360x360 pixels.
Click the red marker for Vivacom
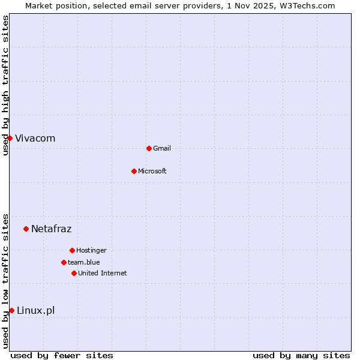(x=10, y=138)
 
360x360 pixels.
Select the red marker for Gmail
(x=149, y=148)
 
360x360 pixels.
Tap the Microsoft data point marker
(x=134, y=171)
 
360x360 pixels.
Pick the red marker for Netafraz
(x=26, y=229)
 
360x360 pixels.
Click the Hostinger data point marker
(x=72, y=250)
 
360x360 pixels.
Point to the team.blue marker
(x=64, y=262)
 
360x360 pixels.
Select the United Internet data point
(x=74, y=273)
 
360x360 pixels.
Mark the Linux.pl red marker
(x=11, y=310)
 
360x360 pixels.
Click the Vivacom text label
(x=35, y=138)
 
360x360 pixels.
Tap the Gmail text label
(x=162, y=148)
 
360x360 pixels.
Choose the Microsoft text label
(x=152, y=171)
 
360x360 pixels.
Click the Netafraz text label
(x=51, y=229)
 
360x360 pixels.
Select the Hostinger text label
(x=91, y=250)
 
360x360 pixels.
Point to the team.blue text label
(x=84, y=262)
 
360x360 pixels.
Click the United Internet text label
(x=102, y=273)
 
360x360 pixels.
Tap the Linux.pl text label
(x=35, y=310)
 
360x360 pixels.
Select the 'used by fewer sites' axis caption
(x=62, y=355)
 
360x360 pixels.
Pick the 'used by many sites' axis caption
(x=301, y=355)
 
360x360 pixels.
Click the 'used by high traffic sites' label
(x=5, y=85)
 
